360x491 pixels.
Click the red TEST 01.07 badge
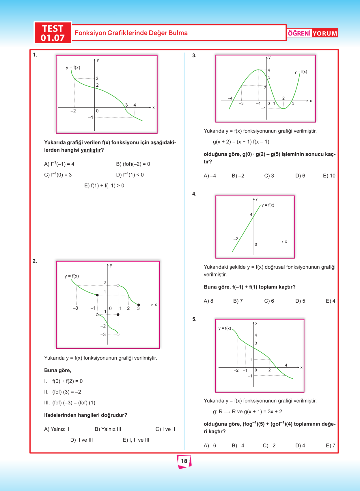pos(53,33)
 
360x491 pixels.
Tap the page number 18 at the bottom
pos(184,461)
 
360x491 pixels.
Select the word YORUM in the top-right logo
pos(325,34)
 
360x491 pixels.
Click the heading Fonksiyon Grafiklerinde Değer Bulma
pos(131,33)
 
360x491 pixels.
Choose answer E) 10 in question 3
pos(329,176)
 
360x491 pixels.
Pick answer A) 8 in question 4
pos(208,301)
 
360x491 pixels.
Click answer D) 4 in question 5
pos(300,446)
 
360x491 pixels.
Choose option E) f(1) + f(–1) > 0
pos(104,186)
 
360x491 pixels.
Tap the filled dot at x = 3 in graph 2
pos(139,305)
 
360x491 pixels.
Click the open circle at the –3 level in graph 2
pos(118,334)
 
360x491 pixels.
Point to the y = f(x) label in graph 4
pos(268,205)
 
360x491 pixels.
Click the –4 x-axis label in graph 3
pos(230,98)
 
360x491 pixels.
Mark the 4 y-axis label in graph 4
pos(251,215)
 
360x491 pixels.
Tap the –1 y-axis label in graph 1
pos(90,118)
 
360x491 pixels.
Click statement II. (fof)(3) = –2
pos(63,392)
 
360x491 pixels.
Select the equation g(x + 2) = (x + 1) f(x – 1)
pos(241,142)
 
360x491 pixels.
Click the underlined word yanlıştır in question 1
pos(91,150)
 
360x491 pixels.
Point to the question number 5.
pos(194,319)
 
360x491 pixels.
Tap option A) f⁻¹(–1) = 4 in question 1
pos(59,164)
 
